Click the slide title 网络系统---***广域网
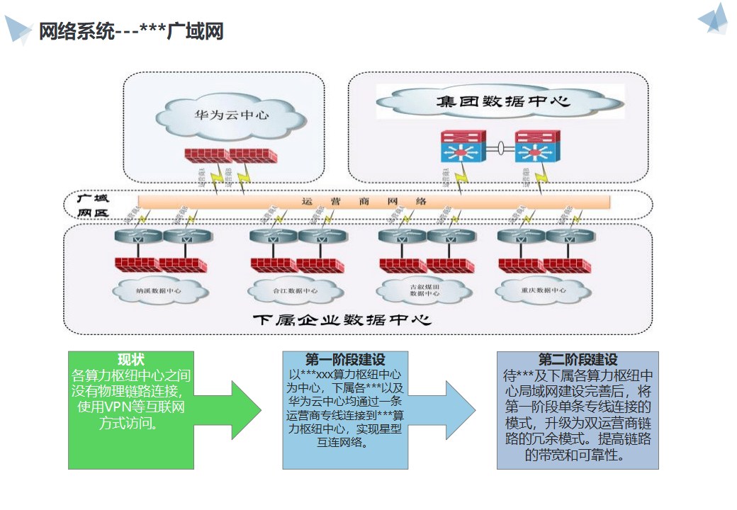pyautogui.click(x=131, y=32)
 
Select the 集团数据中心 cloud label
pyautogui.click(x=503, y=101)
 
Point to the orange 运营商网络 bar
pyautogui.click(x=373, y=201)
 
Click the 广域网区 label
pyautogui.click(x=93, y=205)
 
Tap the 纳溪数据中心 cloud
pyautogui.click(x=158, y=290)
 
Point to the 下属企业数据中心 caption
pyautogui.click(x=342, y=320)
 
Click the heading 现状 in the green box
pyautogui.click(x=131, y=359)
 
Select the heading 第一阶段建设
pyautogui.click(x=345, y=359)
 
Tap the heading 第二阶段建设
pyautogui.click(x=578, y=359)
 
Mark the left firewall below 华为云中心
pyautogui.click(x=206, y=154)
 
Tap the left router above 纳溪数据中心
pyautogui.click(x=139, y=238)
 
